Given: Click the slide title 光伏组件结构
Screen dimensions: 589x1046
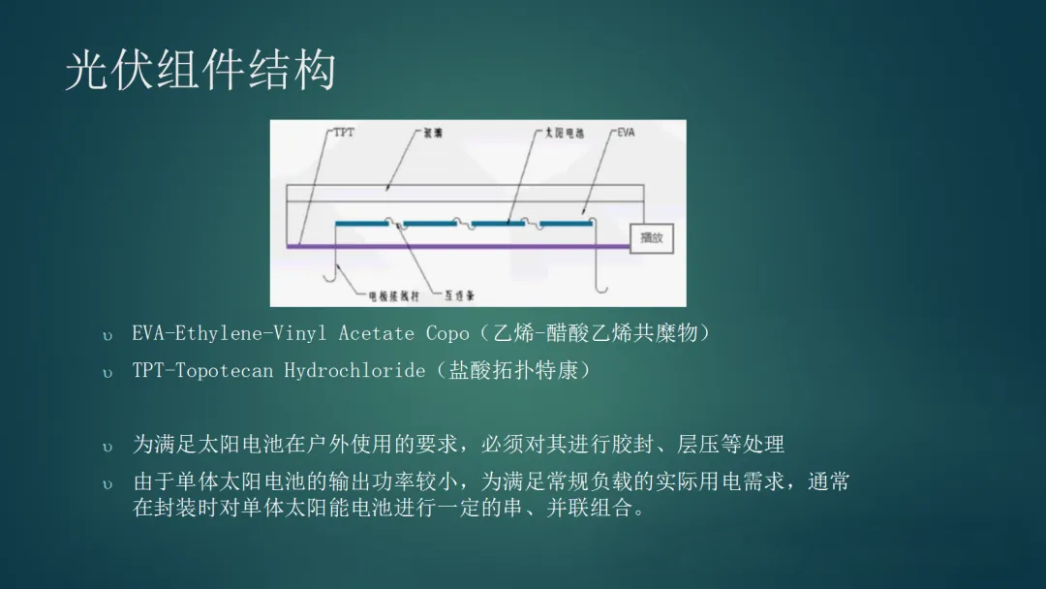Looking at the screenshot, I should point(200,72).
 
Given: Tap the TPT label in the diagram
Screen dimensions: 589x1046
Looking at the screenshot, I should point(344,133).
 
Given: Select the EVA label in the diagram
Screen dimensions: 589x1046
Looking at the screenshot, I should point(626,133).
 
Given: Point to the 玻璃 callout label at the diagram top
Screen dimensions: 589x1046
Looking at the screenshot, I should point(432,133).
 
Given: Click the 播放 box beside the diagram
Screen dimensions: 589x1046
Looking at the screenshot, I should point(651,237).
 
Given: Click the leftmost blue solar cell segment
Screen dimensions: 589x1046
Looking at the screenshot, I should point(363,224).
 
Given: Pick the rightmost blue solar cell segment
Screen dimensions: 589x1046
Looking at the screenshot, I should point(567,224).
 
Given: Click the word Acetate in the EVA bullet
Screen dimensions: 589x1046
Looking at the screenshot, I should point(376,334).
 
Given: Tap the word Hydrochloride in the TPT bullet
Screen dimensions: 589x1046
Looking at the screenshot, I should point(354,371).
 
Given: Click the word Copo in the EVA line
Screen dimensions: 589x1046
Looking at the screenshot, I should point(447,334).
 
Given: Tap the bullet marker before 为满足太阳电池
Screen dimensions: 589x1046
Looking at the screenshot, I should point(108,447).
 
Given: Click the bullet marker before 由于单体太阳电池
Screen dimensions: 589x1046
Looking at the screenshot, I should point(108,482).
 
